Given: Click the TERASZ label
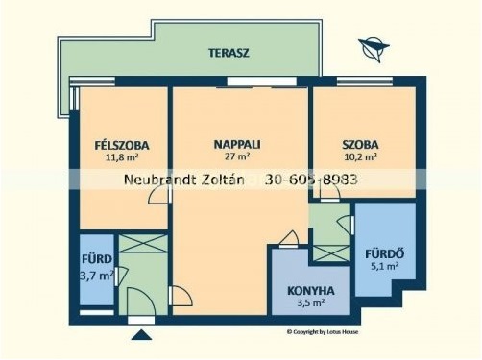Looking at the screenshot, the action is coord(229,53).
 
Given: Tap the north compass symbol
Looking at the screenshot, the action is coord(374,49).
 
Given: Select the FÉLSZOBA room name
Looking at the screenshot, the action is coord(122,145).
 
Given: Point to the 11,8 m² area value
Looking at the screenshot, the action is coord(122,157).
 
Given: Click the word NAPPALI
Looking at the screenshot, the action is coord(237,145).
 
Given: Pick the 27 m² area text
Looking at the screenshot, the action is coord(237,156).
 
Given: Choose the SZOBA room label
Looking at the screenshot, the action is coord(360,145).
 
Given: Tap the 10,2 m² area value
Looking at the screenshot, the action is coord(360,156).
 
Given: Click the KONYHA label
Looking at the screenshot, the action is coord(311,291).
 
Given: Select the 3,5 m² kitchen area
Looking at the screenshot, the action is coord(311,302).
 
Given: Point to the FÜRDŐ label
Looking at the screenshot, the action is coord(385,254).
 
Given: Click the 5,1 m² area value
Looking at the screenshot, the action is coord(385,266).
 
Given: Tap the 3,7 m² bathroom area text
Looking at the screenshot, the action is coord(97,276).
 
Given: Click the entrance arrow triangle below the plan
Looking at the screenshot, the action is coord(141,335).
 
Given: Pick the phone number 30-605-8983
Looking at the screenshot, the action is coord(311,180).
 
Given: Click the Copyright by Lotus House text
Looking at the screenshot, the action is coord(323,332).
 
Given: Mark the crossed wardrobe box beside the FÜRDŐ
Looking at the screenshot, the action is coord(331,253).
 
